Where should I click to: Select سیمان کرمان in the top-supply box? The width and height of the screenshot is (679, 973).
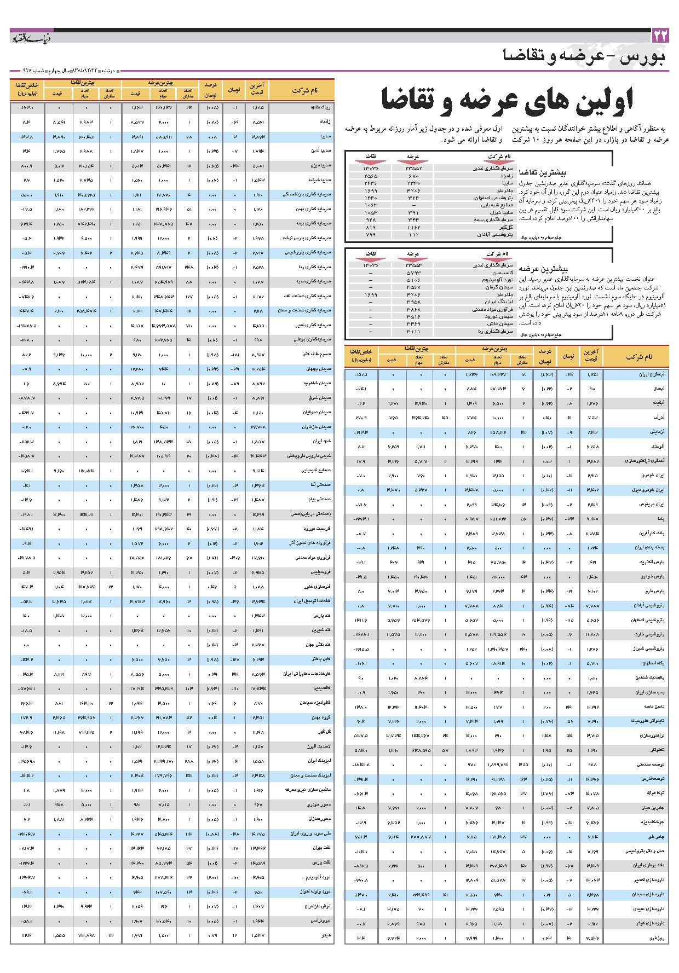click(499, 287)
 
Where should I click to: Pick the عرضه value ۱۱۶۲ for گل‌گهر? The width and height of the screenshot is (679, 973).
click(413, 227)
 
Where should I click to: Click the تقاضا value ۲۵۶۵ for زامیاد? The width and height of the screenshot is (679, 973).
click(371, 176)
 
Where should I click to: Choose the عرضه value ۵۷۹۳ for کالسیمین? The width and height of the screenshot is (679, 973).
click(413, 272)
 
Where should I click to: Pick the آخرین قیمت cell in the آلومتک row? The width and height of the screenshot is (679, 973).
click(591, 447)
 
